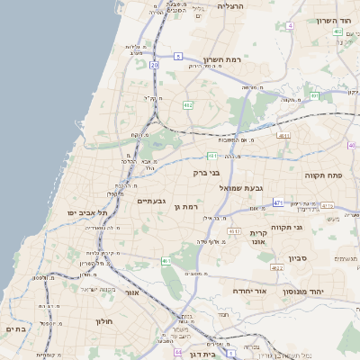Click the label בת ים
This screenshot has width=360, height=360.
coord(16,329)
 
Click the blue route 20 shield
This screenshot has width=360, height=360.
coord(155,65)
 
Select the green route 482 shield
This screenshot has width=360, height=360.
coord(188,105)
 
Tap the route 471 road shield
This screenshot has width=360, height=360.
coord(278,202)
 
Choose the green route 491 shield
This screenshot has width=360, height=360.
coord(314,94)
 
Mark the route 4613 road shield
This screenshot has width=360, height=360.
coord(234,231)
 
